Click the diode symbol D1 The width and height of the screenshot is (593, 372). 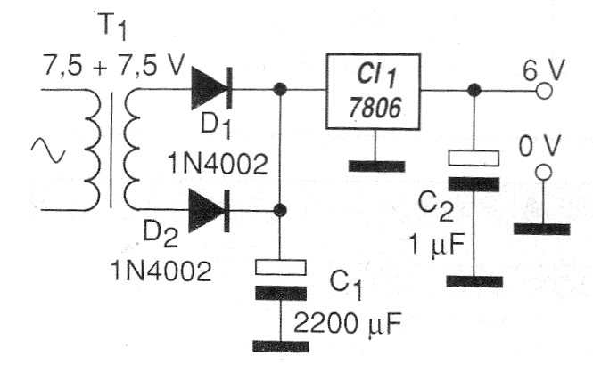coord(211,89)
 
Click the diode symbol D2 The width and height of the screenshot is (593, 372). coord(210,211)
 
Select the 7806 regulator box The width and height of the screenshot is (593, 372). coord(374,92)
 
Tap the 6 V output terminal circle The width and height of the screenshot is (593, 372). coord(544,91)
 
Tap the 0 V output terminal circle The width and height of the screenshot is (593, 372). coord(544,172)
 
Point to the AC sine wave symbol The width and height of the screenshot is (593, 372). coord(48,150)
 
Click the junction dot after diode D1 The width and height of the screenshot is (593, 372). coord(280,89)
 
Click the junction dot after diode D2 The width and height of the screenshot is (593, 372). coord(280,210)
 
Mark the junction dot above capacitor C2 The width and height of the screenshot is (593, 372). coord(474,90)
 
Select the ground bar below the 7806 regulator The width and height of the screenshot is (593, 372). coord(376,166)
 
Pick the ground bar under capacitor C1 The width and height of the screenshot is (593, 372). coord(281,346)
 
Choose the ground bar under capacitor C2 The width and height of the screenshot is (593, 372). coord(474,281)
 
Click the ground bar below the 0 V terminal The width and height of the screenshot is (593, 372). coord(541,230)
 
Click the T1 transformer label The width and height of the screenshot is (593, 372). coord(111,27)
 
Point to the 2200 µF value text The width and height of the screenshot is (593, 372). coord(347,323)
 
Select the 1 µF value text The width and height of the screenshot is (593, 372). coord(436,245)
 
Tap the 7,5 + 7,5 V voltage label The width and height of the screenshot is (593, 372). coord(113,66)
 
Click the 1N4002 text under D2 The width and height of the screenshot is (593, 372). coord(161,271)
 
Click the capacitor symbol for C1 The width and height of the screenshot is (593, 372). coord(281,279)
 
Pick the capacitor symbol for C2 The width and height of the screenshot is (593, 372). coord(474,171)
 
